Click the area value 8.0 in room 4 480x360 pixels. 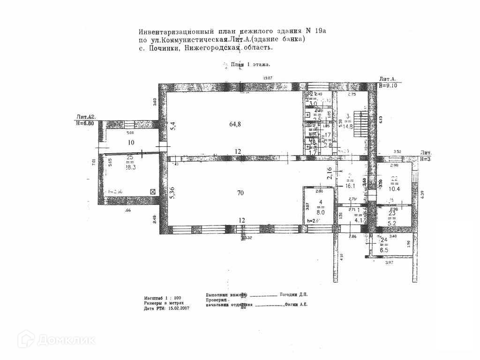321,211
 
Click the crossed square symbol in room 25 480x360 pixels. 152,191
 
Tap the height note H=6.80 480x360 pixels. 87,122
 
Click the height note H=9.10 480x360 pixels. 389,86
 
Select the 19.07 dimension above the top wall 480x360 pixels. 268,78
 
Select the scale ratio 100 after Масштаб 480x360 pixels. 177,298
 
